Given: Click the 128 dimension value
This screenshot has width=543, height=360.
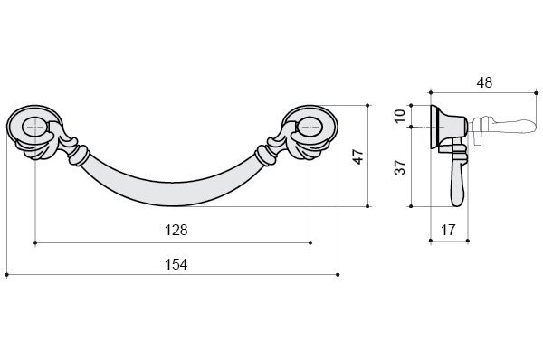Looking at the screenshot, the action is [176, 230].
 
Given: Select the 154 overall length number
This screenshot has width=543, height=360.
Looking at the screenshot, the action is [176, 264].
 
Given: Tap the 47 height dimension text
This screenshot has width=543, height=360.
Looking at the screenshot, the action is [358, 156].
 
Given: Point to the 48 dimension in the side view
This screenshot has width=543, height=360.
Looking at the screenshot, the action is [484, 82].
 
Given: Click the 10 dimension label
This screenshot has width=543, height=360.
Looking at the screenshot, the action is [400, 116].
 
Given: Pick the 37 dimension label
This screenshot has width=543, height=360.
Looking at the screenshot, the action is [400, 167].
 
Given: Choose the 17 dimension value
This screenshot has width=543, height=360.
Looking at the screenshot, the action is [448, 230].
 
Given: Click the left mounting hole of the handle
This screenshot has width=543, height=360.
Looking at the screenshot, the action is [34, 127].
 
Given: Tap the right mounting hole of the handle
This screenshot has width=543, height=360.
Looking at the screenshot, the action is [310, 127].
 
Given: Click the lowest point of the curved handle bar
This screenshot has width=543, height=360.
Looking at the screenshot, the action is [173, 206].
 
